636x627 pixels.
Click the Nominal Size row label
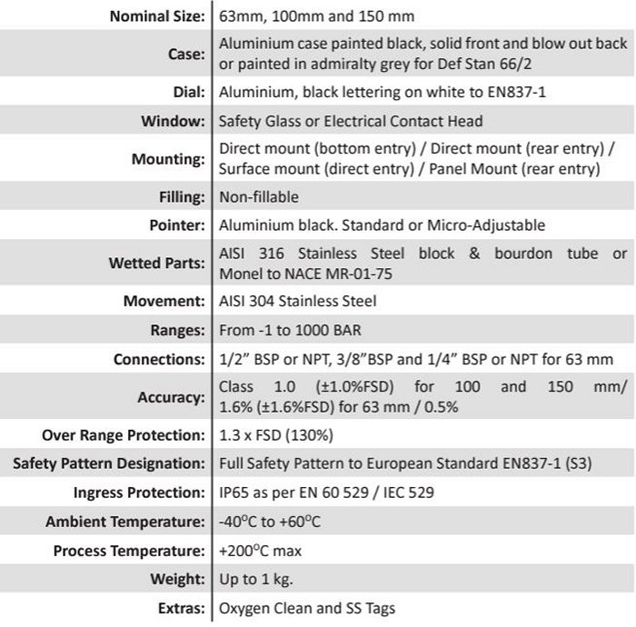point(156,16)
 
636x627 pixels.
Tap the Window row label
point(173,121)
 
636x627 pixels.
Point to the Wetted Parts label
point(156,264)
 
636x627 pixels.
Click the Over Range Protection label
point(124,434)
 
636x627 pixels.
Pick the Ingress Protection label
point(139,493)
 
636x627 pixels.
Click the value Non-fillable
point(259,196)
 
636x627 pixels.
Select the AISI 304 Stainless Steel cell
point(297,301)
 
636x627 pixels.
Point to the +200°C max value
point(261,551)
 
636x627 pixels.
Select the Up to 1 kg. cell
point(256,579)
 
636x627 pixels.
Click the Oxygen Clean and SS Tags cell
point(307,608)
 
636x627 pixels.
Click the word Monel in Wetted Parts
point(239,274)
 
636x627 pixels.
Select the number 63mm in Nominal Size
point(239,16)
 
